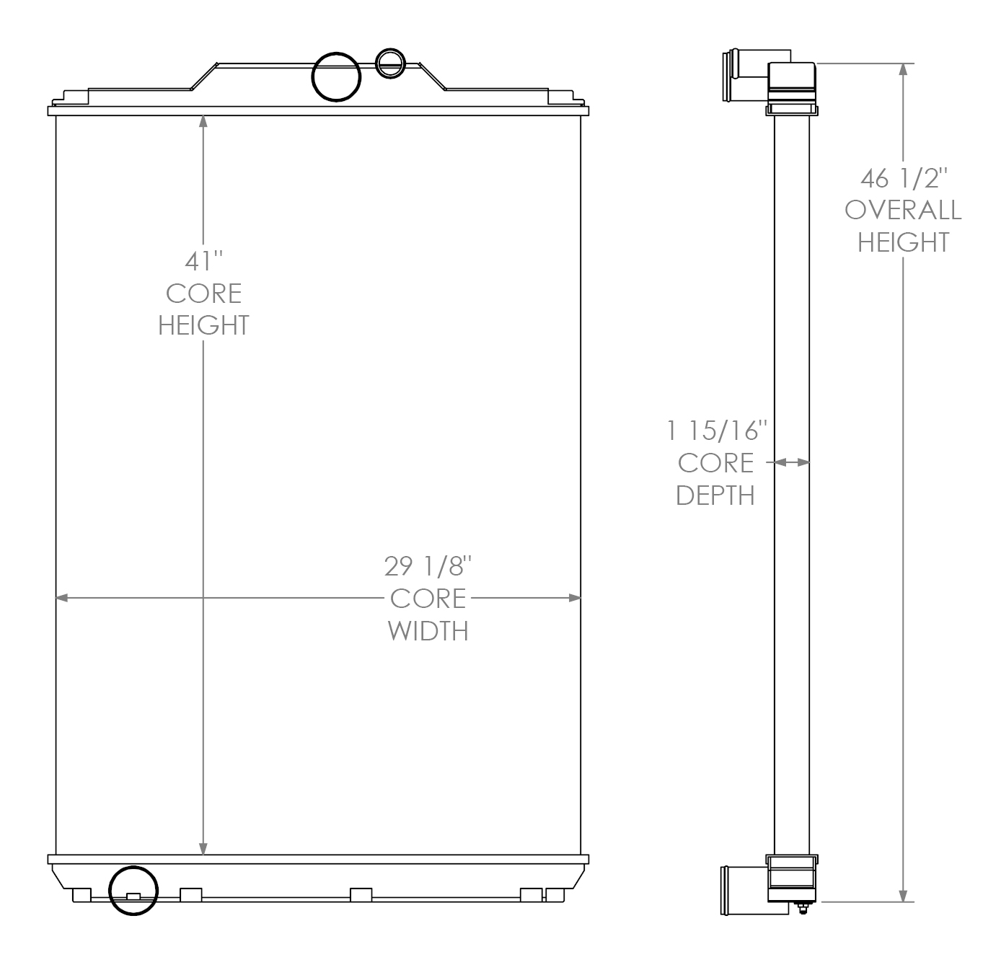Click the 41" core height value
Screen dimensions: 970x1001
click(x=203, y=260)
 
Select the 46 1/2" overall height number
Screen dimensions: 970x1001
click(x=903, y=177)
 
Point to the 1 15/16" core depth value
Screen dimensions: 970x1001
click(x=715, y=431)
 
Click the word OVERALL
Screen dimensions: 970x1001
click(x=903, y=210)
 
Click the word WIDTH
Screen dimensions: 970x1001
click(x=428, y=630)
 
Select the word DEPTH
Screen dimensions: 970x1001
click(x=715, y=495)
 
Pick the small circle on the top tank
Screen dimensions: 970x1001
click(x=390, y=63)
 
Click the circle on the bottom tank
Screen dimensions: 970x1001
click(x=133, y=890)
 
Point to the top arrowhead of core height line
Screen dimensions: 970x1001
click(x=203, y=121)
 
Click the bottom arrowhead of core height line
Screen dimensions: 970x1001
click(x=203, y=849)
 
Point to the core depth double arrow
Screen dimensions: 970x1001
click(x=792, y=462)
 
